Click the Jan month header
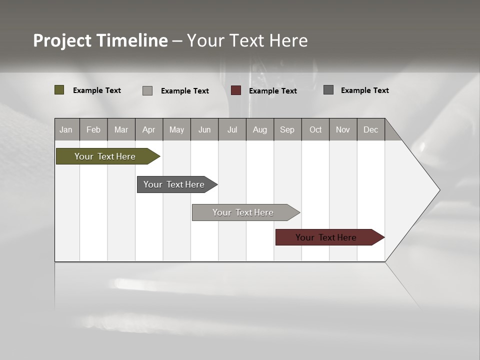(66, 129)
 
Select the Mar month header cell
(121, 129)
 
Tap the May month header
(176, 129)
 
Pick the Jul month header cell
(232, 129)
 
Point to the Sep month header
(287, 129)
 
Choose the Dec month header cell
(370, 129)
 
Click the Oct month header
(315, 129)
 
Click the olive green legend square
(59, 90)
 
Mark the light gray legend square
(147, 90)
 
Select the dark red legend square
(236, 90)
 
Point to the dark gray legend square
(328, 90)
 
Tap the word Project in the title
(62, 40)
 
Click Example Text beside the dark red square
(272, 91)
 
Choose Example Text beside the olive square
(97, 90)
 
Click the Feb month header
(93, 129)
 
